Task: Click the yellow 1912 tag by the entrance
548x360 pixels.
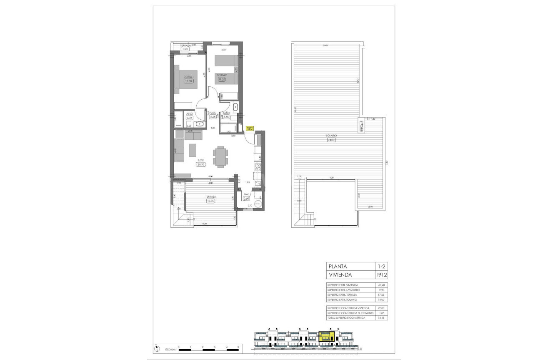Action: click(250, 129)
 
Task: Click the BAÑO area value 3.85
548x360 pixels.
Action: click(226, 117)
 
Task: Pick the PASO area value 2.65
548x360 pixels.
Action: click(213, 117)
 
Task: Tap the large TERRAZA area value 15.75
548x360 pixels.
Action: click(210, 201)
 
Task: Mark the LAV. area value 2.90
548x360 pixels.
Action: click(247, 199)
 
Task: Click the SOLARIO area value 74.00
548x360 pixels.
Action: click(331, 140)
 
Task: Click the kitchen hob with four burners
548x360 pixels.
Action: click(258, 168)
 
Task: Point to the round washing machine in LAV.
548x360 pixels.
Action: click(257, 204)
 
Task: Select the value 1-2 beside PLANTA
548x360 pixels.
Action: click(381, 266)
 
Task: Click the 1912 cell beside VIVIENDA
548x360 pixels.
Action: click(381, 275)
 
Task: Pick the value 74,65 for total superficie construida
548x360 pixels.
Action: click(380, 318)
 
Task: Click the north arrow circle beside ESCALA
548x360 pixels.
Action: click(156, 347)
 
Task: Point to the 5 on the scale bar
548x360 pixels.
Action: click(238, 347)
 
